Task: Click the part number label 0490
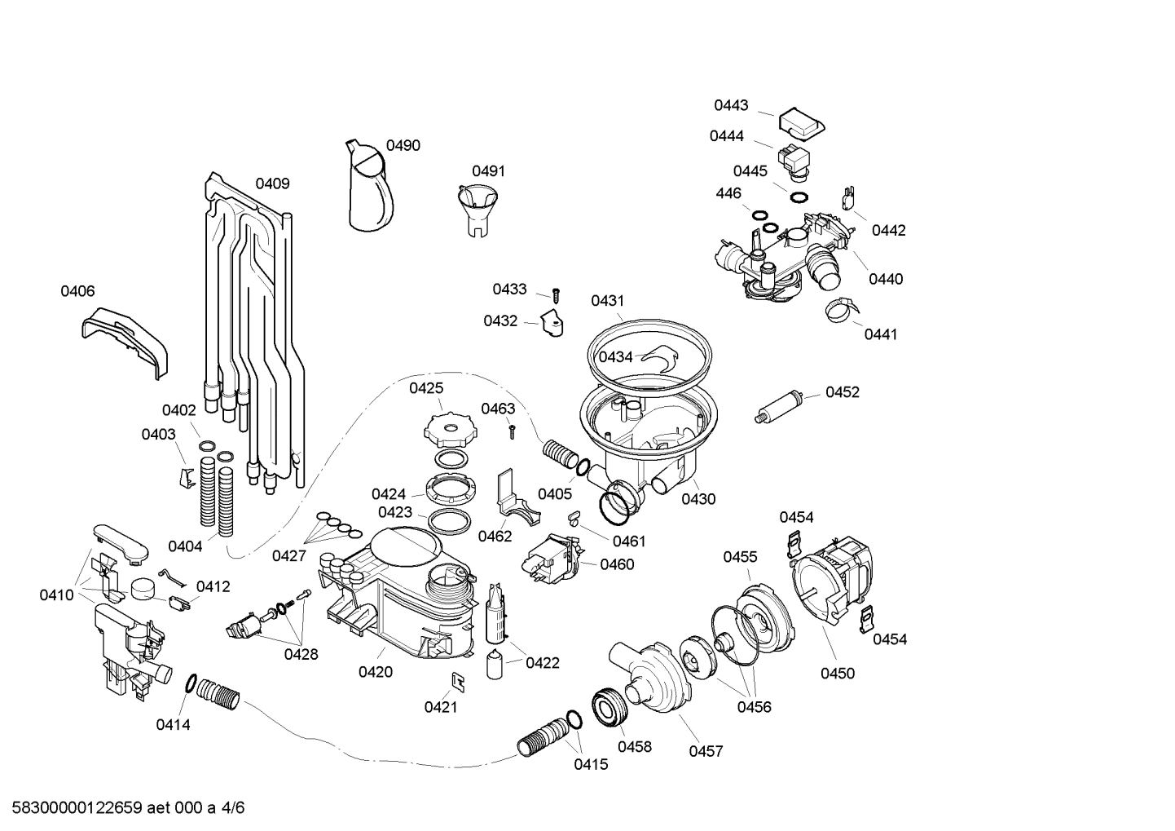pyautogui.click(x=403, y=146)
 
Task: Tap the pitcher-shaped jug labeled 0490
pyautogui.click(x=369, y=187)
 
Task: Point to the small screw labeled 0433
pyautogui.click(x=557, y=293)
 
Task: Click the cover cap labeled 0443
pyautogui.click(x=801, y=122)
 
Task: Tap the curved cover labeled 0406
pyautogui.click(x=127, y=339)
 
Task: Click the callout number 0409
pyautogui.click(x=272, y=183)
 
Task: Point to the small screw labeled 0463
pyautogui.click(x=512, y=430)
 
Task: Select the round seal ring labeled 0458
pyautogui.click(x=610, y=706)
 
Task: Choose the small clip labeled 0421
pyautogui.click(x=458, y=680)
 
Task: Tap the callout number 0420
pyautogui.click(x=375, y=672)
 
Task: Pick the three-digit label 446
pyautogui.click(x=728, y=193)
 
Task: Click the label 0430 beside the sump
pyautogui.click(x=698, y=498)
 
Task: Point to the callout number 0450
pyautogui.click(x=837, y=673)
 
